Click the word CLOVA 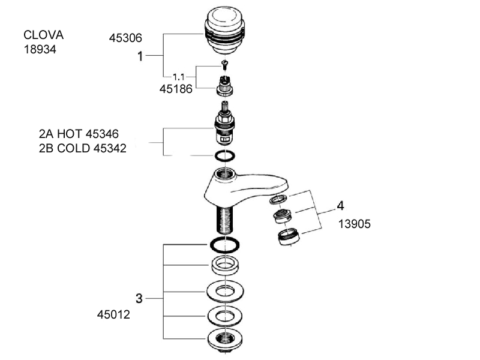point(43,35)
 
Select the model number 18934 point(40,50)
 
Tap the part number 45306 point(125,38)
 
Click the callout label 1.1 point(179,77)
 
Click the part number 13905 point(355,224)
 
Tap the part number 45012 point(114,314)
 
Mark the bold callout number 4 point(340,206)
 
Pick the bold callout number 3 point(139,298)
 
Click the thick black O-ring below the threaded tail point(225,244)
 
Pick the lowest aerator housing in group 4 point(290,239)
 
